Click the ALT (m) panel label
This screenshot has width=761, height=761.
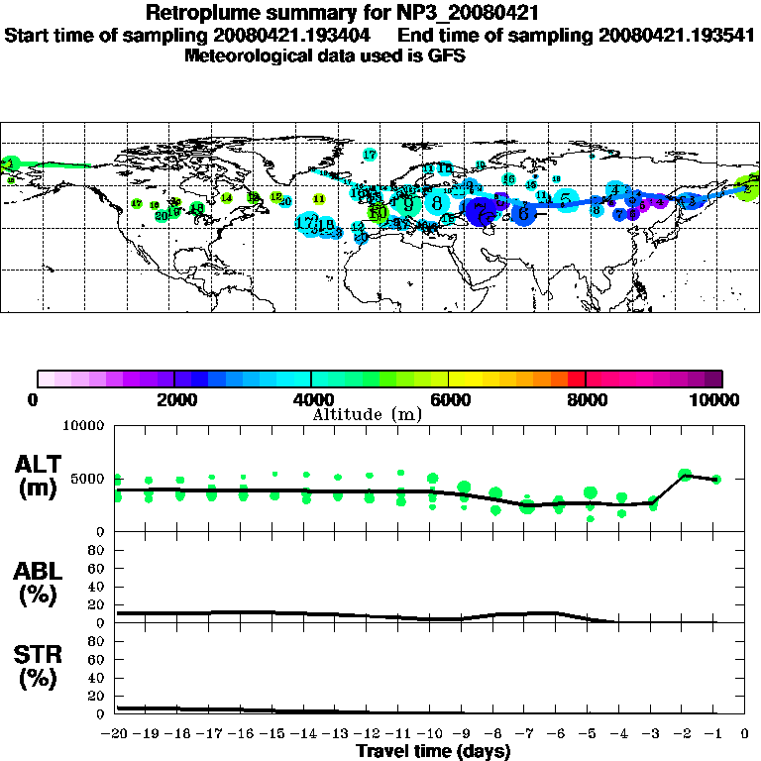[x=40, y=475]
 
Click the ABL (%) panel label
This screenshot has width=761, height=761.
[x=40, y=584]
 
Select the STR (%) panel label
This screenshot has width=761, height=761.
[x=40, y=666]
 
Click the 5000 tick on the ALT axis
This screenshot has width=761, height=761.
[x=87, y=479]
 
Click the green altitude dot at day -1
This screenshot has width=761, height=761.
[x=716, y=479]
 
